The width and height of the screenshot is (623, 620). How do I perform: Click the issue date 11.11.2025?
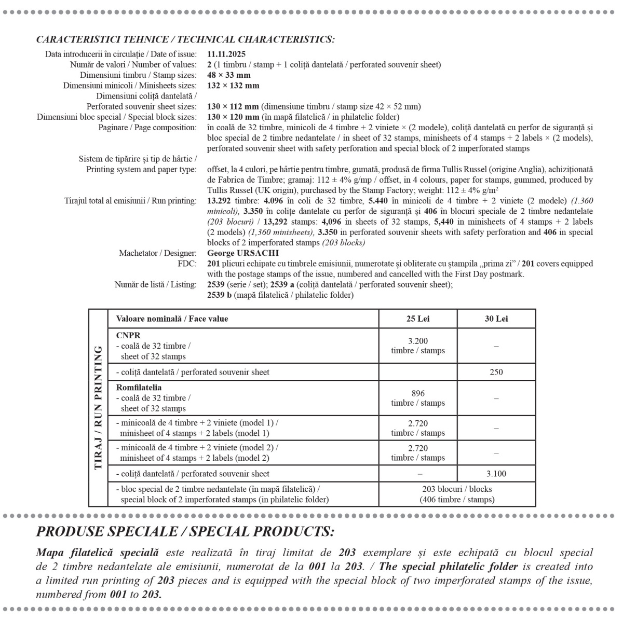point(226,54)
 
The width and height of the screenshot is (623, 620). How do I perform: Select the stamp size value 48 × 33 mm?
point(228,75)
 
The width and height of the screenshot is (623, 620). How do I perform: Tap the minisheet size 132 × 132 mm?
point(233,85)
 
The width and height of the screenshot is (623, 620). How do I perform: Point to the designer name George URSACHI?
point(243,253)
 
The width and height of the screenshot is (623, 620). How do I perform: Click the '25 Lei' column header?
point(418,319)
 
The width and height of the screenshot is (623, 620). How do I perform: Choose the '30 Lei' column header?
point(496,319)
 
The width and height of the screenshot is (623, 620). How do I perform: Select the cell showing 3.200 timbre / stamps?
point(418,346)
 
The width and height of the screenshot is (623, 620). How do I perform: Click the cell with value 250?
point(496,372)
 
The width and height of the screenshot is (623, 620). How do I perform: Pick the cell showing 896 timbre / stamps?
point(418,398)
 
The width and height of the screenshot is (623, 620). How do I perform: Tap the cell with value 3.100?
point(496,473)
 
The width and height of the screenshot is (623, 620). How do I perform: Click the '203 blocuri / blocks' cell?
point(457,494)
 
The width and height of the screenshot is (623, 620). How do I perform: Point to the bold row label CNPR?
point(128,335)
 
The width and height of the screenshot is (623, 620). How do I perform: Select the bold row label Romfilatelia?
point(139,388)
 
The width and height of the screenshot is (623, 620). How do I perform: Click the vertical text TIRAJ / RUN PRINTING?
point(98,408)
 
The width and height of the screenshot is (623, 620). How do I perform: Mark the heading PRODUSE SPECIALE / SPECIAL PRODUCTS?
point(185,532)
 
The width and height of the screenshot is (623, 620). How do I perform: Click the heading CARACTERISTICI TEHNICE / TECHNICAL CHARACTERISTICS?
point(185,39)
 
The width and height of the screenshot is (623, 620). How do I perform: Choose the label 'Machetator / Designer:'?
point(158,253)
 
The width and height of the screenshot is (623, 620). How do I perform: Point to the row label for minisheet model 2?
point(197,452)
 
